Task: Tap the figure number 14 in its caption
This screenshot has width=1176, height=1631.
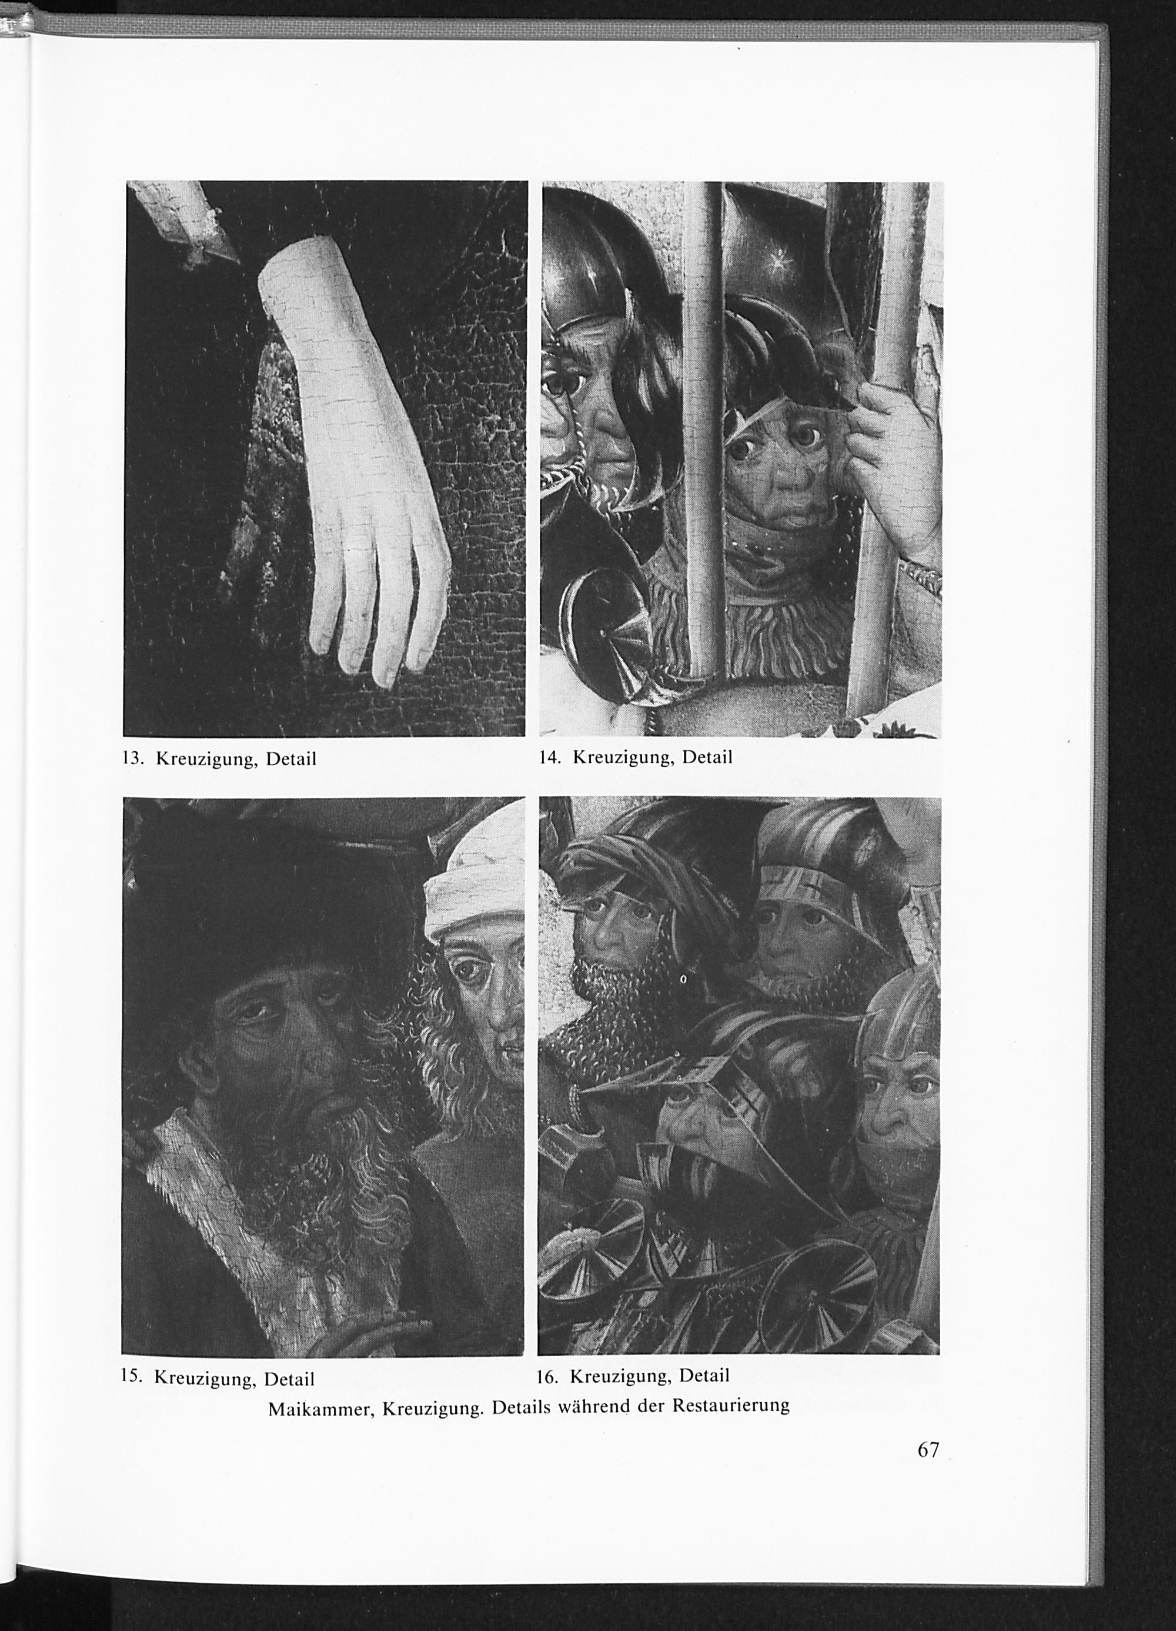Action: (548, 757)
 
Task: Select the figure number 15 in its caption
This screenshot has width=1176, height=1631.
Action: (130, 1377)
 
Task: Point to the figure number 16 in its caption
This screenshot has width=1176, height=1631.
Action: (547, 1376)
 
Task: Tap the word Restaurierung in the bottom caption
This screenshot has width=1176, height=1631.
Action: (731, 1405)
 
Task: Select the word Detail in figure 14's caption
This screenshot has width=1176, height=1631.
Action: (707, 757)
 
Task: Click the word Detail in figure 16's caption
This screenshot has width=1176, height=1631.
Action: (704, 1376)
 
